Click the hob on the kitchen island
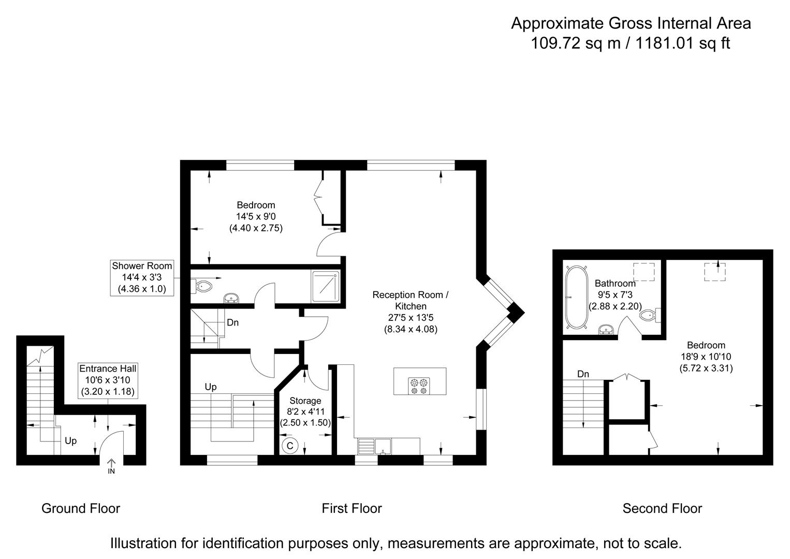coord(419,383)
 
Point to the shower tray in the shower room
coord(326,285)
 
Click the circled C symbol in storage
coord(290,446)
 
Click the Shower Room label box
coord(142,277)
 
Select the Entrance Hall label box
coord(108,380)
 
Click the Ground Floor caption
coord(81,508)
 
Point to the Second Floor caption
coord(662,508)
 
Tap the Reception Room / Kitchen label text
coord(411,300)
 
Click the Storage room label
coord(305,401)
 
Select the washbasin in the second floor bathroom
coord(606,329)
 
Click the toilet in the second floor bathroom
coord(650,315)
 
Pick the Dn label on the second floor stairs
coord(583,374)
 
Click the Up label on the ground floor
coord(71,440)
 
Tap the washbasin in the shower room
coord(231,299)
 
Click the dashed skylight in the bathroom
coord(644,272)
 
